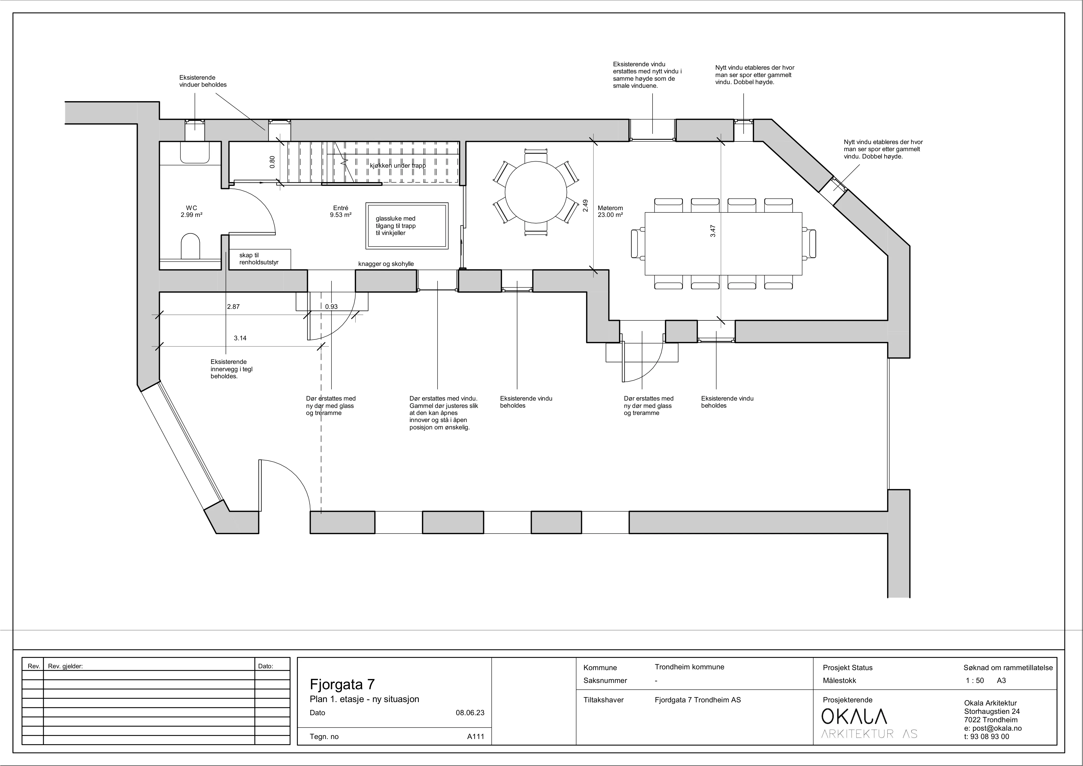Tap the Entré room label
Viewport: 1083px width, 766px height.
pos(341,211)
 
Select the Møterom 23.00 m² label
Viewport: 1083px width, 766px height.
pos(610,211)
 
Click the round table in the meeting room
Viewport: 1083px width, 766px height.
pos(536,192)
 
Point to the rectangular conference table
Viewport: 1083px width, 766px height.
pos(723,244)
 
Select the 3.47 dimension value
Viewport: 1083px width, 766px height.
pos(713,231)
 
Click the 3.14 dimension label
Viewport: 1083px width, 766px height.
pos(240,338)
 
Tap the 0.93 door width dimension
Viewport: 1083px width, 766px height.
pos(331,306)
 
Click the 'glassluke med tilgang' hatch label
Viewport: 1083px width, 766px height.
pos(396,226)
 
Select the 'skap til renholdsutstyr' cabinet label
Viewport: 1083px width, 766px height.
pos(258,259)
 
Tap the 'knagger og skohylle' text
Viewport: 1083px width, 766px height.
pos(386,264)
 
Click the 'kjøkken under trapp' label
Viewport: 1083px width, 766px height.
pos(398,166)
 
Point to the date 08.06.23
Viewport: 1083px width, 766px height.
pos(470,713)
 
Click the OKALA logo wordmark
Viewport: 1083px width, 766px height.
pos(854,716)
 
